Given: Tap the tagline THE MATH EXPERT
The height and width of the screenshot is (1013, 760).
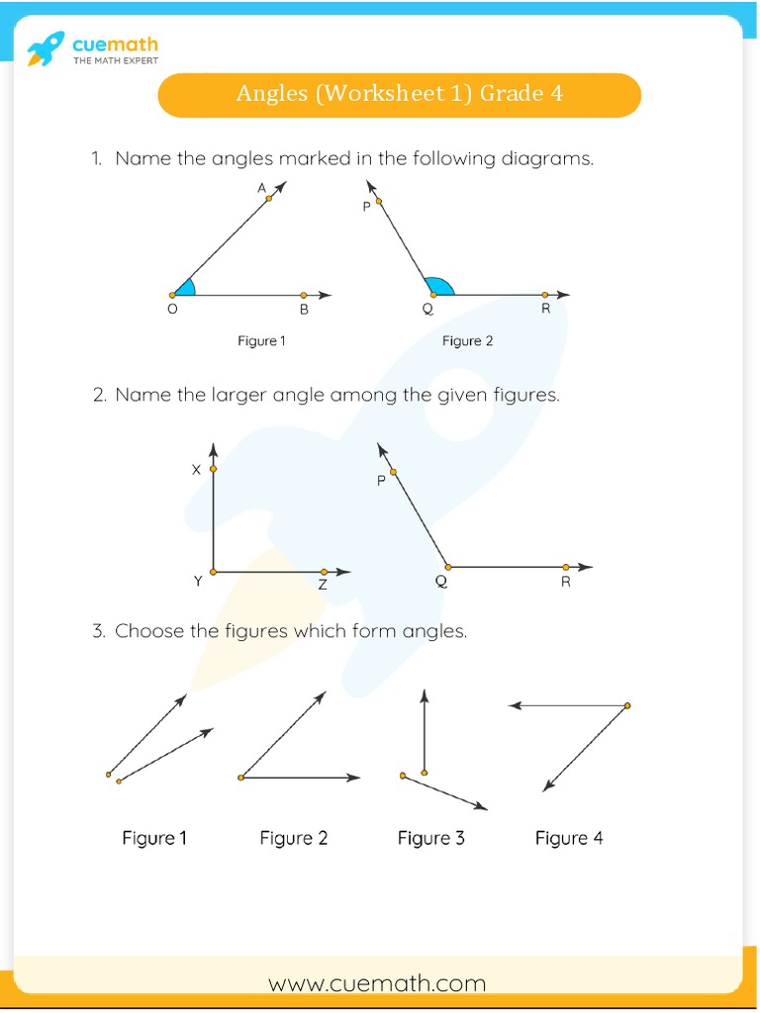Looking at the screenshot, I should click(116, 61).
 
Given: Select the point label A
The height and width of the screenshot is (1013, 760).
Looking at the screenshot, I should click(261, 187).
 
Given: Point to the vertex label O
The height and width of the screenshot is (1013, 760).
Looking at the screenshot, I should click(172, 310).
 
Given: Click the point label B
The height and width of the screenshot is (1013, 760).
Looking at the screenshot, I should click(304, 310).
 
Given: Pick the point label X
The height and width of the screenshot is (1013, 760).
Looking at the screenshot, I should click(196, 470).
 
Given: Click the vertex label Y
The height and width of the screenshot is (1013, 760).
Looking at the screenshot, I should click(198, 582).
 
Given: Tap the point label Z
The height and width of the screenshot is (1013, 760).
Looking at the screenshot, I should click(323, 585).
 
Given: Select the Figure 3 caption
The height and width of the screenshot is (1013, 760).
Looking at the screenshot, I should click(430, 838).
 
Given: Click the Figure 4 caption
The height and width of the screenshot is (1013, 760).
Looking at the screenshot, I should click(568, 838).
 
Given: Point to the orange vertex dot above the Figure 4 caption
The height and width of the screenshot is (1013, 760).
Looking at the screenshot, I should click(627, 705).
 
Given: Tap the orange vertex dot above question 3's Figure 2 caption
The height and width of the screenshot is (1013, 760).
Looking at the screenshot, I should click(241, 779).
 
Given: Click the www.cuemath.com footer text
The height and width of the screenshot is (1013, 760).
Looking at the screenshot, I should click(377, 983).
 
